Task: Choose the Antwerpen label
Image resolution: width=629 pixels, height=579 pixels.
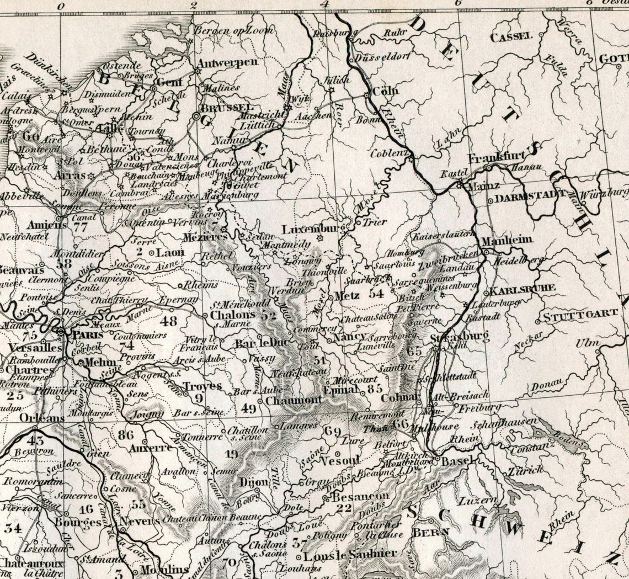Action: click(x=227, y=62)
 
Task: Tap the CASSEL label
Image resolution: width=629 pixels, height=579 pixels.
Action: click(x=511, y=36)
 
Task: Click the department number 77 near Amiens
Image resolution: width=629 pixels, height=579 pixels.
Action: click(x=81, y=226)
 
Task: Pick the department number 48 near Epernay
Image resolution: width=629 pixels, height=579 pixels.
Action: click(x=167, y=320)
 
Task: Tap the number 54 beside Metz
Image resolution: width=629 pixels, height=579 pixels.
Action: click(x=376, y=294)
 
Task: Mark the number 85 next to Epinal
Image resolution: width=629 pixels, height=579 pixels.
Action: click(x=374, y=389)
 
